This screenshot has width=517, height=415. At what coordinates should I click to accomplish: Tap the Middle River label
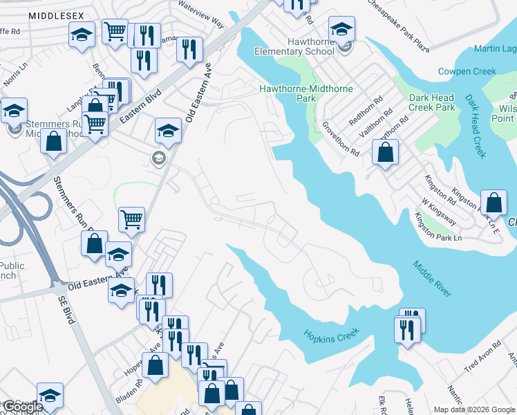[433, 279]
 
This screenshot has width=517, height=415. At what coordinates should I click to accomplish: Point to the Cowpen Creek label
[467, 71]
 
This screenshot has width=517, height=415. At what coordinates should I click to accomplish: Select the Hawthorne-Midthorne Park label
[305, 93]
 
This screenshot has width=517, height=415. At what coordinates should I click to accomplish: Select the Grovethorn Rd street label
[341, 138]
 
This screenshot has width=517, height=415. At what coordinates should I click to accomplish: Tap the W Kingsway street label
[440, 211]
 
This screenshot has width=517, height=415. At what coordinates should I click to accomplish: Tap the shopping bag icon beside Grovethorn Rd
[386, 152]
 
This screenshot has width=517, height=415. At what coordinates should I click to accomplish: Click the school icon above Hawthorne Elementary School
[341, 29]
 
